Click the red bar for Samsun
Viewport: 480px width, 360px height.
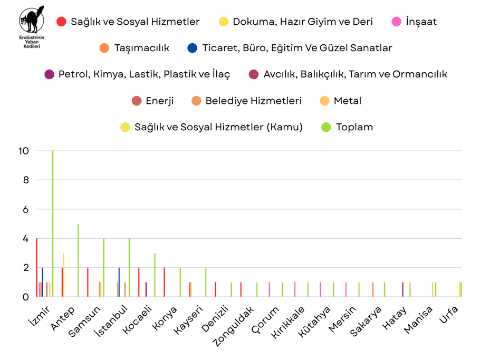coord(88,282)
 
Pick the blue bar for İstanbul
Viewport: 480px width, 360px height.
coord(119,282)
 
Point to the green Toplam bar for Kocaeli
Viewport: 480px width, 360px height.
coord(155,275)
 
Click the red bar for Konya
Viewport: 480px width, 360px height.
coord(165,282)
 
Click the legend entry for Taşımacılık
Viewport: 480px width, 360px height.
coord(134,48)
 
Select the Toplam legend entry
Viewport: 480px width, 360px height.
coord(348,127)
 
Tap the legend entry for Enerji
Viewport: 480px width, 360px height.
coord(153,101)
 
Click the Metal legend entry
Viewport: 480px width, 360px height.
coord(341,101)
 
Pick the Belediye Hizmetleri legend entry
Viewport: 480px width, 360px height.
coord(247,101)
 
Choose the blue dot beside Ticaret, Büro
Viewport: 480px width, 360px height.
coord(192,48)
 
